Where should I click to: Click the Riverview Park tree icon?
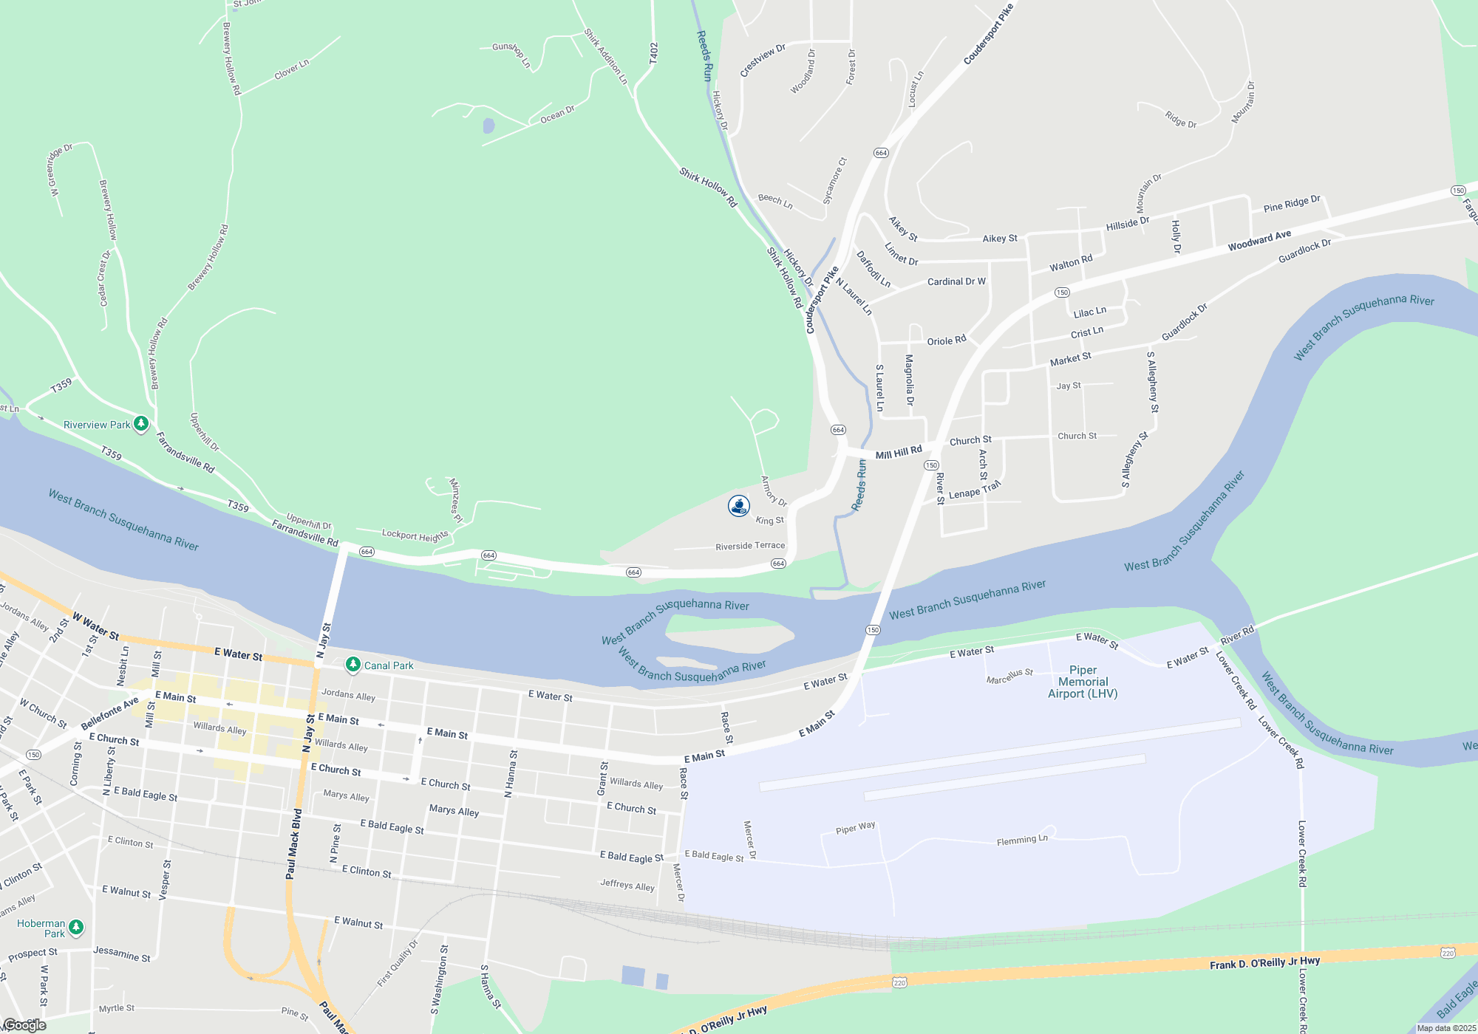click(x=141, y=424)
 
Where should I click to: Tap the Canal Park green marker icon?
click(x=353, y=665)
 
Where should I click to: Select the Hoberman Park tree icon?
click(x=76, y=927)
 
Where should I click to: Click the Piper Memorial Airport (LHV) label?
click(x=1083, y=682)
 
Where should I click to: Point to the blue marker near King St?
click(x=739, y=506)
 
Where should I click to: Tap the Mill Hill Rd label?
click(x=899, y=452)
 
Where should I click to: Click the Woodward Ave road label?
click(x=1259, y=240)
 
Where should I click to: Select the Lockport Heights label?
click(x=415, y=535)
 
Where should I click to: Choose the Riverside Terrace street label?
click(x=750, y=546)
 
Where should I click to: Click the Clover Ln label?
click(x=292, y=69)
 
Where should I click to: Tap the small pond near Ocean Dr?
click(x=488, y=126)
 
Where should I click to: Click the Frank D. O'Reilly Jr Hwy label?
click(x=1264, y=963)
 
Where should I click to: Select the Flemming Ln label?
click(x=1022, y=840)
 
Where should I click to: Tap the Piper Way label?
click(x=855, y=829)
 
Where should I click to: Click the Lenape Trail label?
click(x=974, y=490)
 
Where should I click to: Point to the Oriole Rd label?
click(x=947, y=341)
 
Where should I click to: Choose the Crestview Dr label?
click(x=763, y=61)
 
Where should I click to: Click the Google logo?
click(x=24, y=1025)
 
